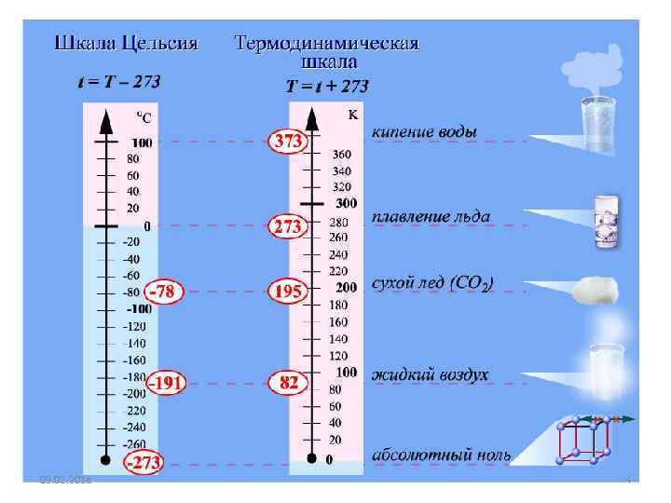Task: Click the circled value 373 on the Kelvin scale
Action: click(x=287, y=142)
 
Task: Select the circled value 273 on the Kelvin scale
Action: click(x=287, y=225)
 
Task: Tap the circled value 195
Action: click(x=287, y=291)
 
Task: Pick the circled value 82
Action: click(x=287, y=382)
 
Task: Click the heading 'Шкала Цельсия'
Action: click(x=127, y=44)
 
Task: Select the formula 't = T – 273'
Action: click(x=118, y=82)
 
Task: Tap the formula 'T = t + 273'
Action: click(x=327, y=87)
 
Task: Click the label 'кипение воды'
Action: click(x=424, y=132)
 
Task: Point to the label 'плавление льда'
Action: click(x=431, y=217)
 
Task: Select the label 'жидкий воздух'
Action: click(x=430, y=374)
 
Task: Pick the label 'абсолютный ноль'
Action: click(x=441, y=455)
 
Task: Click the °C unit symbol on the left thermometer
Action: click(x=144, y=117)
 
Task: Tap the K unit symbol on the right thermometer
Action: click(x=352, y=116)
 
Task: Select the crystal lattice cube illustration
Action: click(x=583, y=441)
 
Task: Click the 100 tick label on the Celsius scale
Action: click(x=143, y=143)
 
